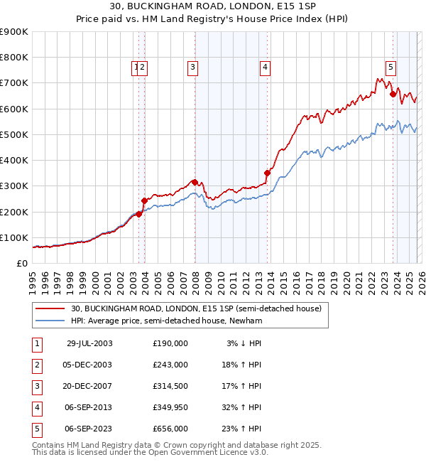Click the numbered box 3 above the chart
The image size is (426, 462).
coord(192,68)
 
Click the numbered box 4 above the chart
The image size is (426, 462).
coord(265,68)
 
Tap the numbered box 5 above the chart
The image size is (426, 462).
coord(390,68)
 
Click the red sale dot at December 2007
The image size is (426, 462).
coord(195,182)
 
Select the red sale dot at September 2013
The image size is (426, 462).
coord(267,173)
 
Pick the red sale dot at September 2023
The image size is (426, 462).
coord(393,94)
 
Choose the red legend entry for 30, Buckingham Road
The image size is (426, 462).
coord(196,308)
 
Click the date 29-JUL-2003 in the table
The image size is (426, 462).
coord(89,343)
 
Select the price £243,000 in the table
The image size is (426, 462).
coord(170,365)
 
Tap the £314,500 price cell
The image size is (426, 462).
coord(170,386)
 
